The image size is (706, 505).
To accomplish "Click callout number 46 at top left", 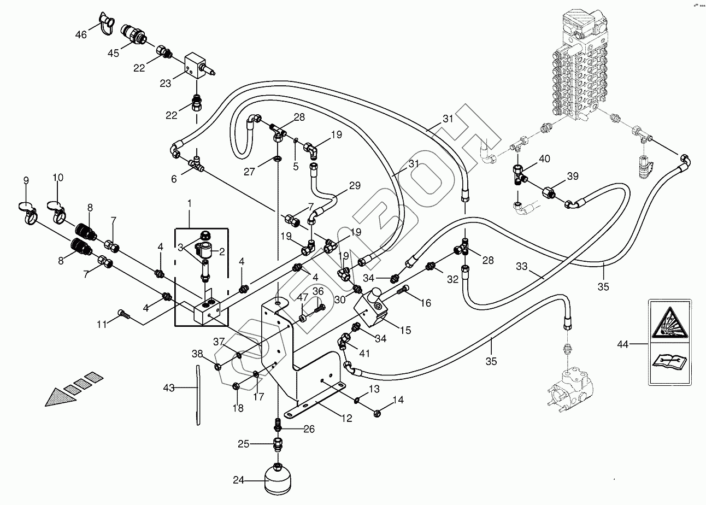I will tap(81, 35).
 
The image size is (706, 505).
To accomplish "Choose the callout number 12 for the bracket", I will tap(346, 419).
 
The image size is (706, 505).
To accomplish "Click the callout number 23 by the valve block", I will tap(165, 83).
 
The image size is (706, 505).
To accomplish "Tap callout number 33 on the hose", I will tap(522, 266).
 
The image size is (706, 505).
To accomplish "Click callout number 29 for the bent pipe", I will tap(354, 186).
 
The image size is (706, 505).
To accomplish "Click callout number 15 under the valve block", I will tap(405, 330).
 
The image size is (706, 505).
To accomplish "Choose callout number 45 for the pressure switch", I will tap(113, 53).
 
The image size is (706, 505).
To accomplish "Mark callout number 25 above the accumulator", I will tap(243, 444).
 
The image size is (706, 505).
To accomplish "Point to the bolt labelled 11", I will tap(123, 314).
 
